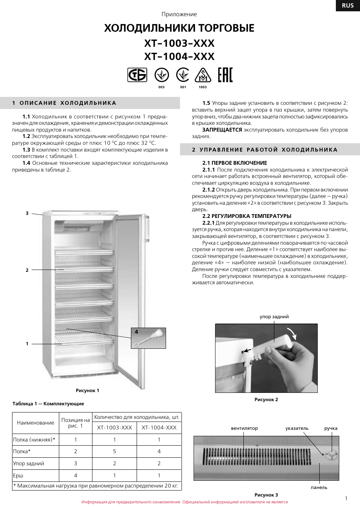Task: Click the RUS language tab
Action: click(348, 5)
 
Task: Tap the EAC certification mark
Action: click(225, 75)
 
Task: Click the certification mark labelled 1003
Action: click(203, 75)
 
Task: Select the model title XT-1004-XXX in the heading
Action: click(179, 57)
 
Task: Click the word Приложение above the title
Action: click(179, 14)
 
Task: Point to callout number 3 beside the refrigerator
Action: click(27, 213)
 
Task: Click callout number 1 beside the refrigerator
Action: click(27, 344)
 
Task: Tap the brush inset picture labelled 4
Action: click(149, 338)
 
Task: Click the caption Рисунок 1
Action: click(88, 391)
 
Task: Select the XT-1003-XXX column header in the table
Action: click(114, 428)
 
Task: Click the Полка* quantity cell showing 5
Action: click(114, 451)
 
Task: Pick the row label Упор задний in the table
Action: click(29, 463)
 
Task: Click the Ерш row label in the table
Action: click(18, 475)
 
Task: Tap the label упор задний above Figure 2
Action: click(274, 317)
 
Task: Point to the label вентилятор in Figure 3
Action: click(245, 428)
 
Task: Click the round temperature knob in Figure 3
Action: click(331, 455)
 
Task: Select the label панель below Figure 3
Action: click(319, 488)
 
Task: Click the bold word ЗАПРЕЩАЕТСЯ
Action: click(222, 130)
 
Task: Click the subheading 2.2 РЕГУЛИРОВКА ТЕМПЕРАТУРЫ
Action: click(247, 216)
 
